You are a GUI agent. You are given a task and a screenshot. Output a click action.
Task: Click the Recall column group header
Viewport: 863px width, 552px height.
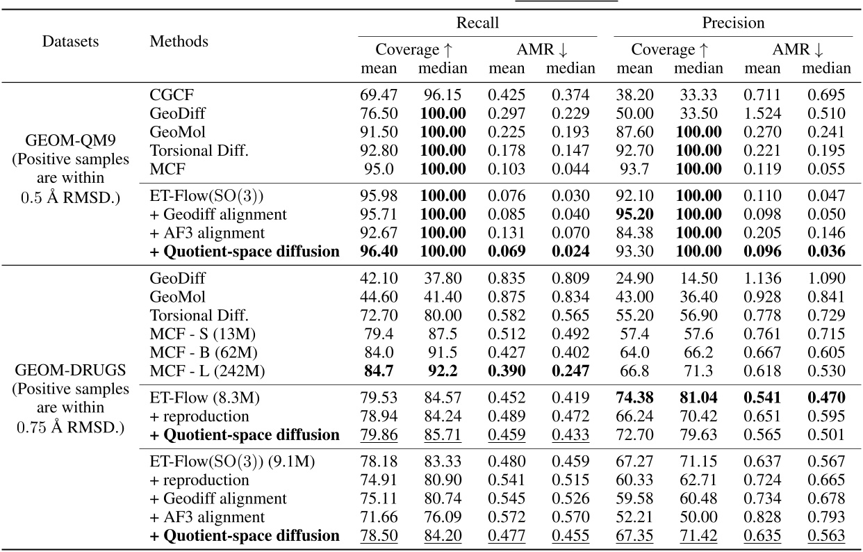click(477, 23)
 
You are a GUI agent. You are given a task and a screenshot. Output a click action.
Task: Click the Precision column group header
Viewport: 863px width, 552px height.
click(733, 23)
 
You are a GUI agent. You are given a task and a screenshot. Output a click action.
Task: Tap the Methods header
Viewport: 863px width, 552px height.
click(179, 41)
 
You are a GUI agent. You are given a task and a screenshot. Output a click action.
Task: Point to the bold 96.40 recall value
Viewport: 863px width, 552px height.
click(379, 252)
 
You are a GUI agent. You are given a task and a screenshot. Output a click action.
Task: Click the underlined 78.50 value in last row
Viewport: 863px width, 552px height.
click(379, 535)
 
